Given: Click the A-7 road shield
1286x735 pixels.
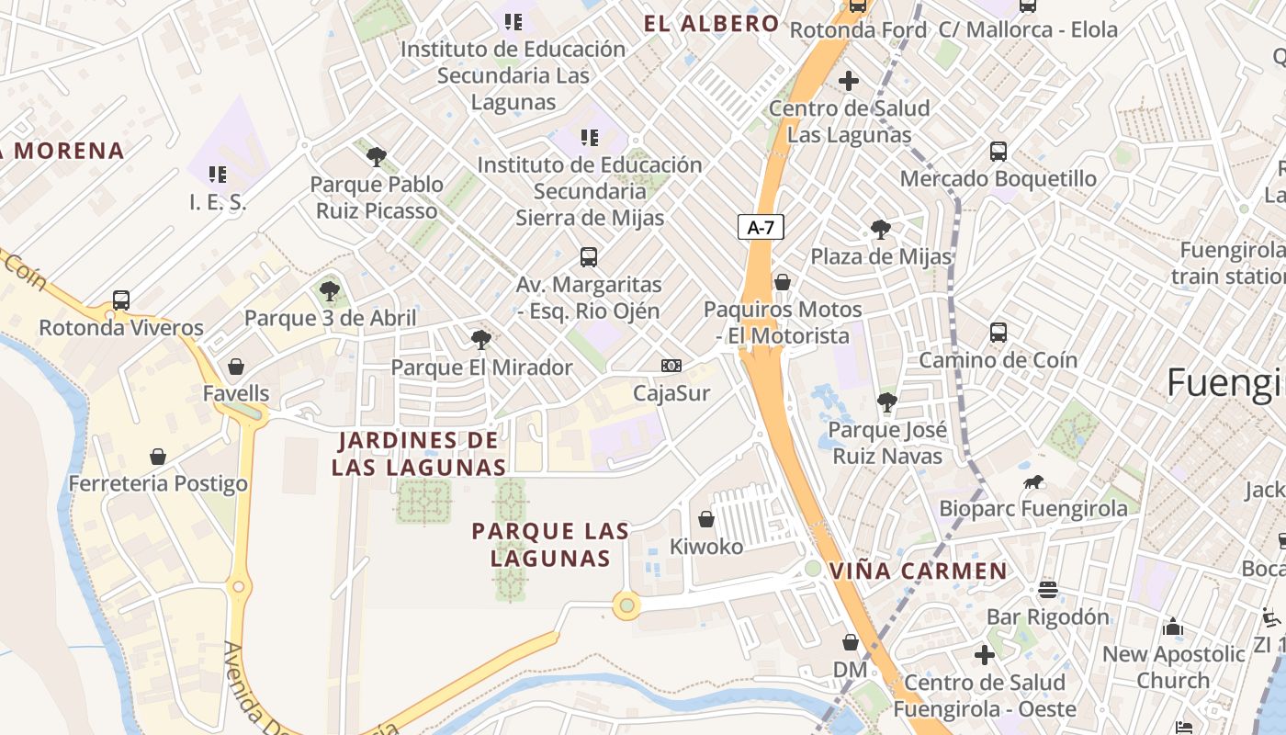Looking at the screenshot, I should (761, 227).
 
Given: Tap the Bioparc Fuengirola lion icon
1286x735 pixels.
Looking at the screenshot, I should (1032, 482).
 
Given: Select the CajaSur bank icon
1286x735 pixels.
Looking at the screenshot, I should (671, 366).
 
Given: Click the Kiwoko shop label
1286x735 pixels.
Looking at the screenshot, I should (706, 546).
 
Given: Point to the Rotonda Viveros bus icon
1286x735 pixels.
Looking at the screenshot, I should (121, 300).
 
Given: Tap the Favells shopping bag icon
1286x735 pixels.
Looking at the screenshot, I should (236, 367).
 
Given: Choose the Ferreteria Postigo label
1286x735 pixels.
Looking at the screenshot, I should (158, 483).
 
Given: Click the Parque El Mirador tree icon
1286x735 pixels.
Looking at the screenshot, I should (480, 340).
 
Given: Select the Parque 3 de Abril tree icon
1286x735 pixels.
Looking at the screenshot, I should (330, 291).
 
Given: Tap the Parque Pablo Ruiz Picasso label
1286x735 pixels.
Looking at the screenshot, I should (377, 198).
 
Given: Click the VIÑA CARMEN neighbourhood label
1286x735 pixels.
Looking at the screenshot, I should (919, 571).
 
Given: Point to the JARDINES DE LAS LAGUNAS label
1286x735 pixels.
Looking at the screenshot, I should (418, 454).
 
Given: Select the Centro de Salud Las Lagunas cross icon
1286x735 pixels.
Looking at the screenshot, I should (849, 81).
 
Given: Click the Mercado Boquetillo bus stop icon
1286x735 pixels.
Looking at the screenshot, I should (998, 152).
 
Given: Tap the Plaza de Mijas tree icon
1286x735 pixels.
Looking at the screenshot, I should (880, 230).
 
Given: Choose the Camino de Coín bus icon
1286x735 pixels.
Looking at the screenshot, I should (998, 333).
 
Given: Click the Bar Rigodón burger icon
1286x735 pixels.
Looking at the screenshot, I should (1048, 589).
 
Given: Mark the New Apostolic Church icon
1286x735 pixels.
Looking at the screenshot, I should (1173, 627).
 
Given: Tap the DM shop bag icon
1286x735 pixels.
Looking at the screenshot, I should (851, 642).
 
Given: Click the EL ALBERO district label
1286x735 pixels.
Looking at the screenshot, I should (712, 24).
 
